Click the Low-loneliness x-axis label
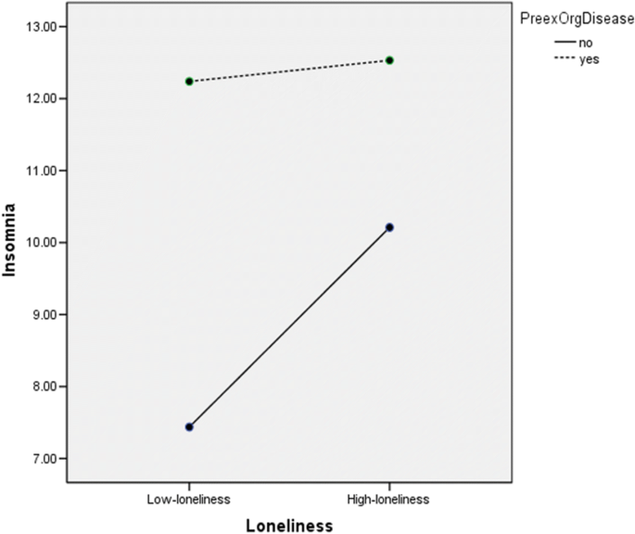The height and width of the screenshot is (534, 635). pyautogui.click(x=189, y=499)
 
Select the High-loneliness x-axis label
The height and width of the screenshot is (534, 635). pyautogui.click(x=388, y=499)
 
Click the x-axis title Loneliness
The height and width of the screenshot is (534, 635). pyautogui.click(x=288, y=524)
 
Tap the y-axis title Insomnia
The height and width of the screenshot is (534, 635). pyautogui.click(x=10, y=244)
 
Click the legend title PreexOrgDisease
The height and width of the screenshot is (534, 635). pyautogui.click(x=576, y=15)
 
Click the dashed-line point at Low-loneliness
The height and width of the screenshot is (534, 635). pyautogui.click(x=189, y=82)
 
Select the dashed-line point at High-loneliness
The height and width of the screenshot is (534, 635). pyautogui.click(x=389, y=60)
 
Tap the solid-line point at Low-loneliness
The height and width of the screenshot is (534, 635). pyautogui.click(x=189, y=427)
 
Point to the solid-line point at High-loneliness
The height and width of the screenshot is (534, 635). pyautogui.click(x=389, y=227)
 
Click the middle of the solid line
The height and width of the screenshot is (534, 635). pyautogui.click(x=289, y=327)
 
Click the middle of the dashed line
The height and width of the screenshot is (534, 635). pyautogui.click(x=289, y=70)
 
